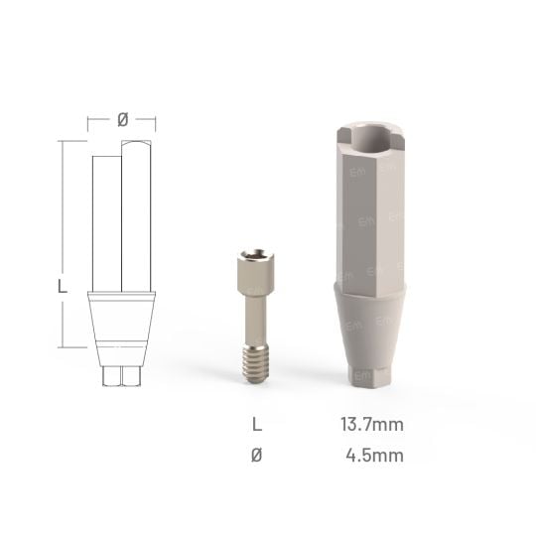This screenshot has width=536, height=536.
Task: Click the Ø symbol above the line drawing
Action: click(x=121, y=119)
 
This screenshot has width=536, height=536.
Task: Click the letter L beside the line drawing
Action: click(x=63, y=286)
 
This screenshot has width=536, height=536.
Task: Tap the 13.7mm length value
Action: click(x=371, y=425)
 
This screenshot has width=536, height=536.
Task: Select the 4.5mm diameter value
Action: click(x=375, y=456)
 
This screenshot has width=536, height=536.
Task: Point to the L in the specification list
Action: click(x=258, y=425)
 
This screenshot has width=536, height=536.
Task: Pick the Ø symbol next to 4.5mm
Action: click(x=258, y=456)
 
